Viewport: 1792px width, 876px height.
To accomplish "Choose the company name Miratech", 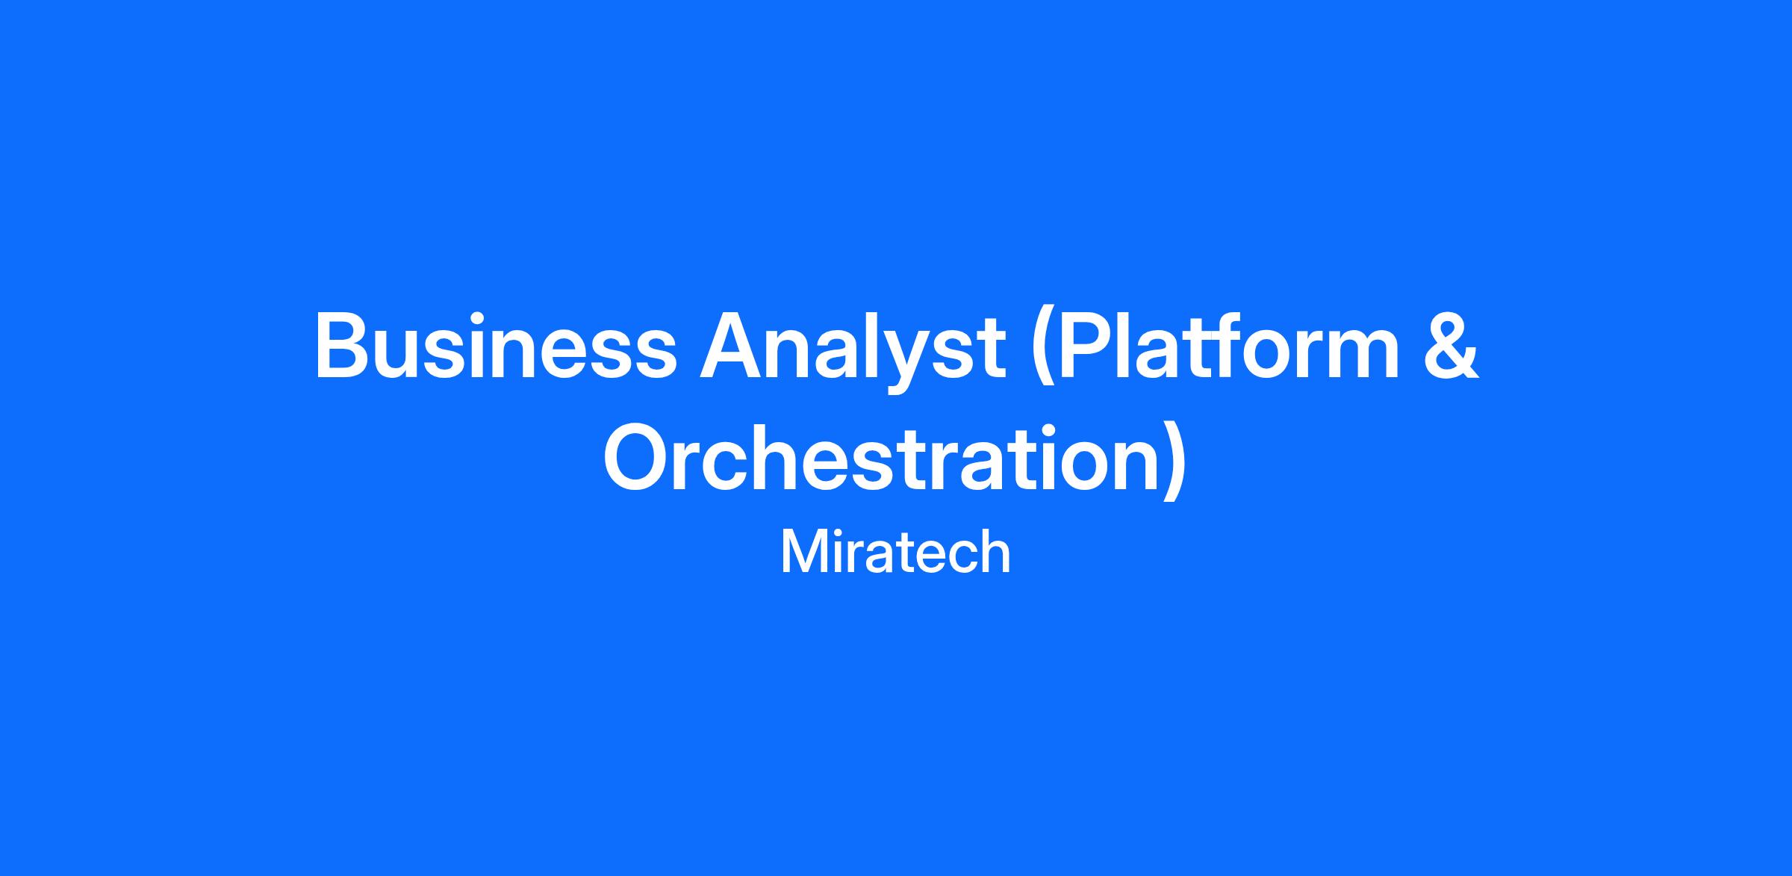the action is pos(895,553).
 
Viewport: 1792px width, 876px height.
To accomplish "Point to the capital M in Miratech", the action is pos(800,553).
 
